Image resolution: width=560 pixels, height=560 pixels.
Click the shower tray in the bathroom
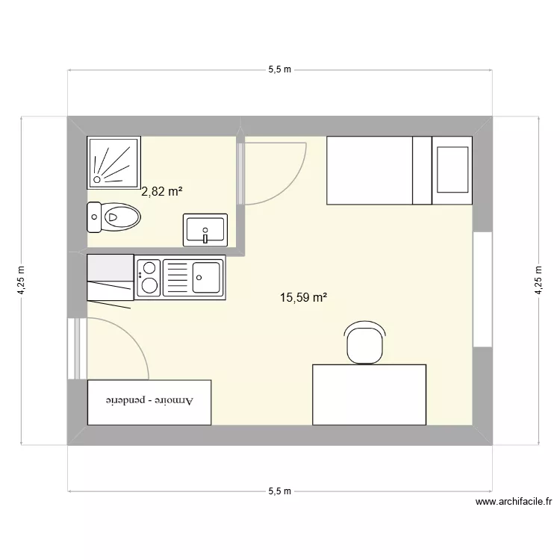click(113, 161)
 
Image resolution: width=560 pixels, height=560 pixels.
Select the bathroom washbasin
click(205, 228)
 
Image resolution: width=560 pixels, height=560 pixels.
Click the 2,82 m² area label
click(162, 191)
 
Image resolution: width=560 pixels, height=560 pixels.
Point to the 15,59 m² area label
click(304, 298)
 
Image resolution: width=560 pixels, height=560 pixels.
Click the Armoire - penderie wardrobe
click(149, 402)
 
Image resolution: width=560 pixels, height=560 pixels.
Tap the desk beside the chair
click(369, 394)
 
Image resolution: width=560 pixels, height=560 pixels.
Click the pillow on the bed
click(452, 170)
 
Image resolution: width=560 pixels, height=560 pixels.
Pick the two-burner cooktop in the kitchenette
click(148, 276)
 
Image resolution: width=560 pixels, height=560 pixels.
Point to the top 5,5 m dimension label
click(279, 69)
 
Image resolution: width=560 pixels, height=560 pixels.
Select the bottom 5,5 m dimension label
click(279, 491)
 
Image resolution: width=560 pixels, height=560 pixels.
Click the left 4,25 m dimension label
click(22, 281)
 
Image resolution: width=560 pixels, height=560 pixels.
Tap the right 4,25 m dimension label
click(538, 281)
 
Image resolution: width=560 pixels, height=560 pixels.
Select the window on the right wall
click(482, 290)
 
